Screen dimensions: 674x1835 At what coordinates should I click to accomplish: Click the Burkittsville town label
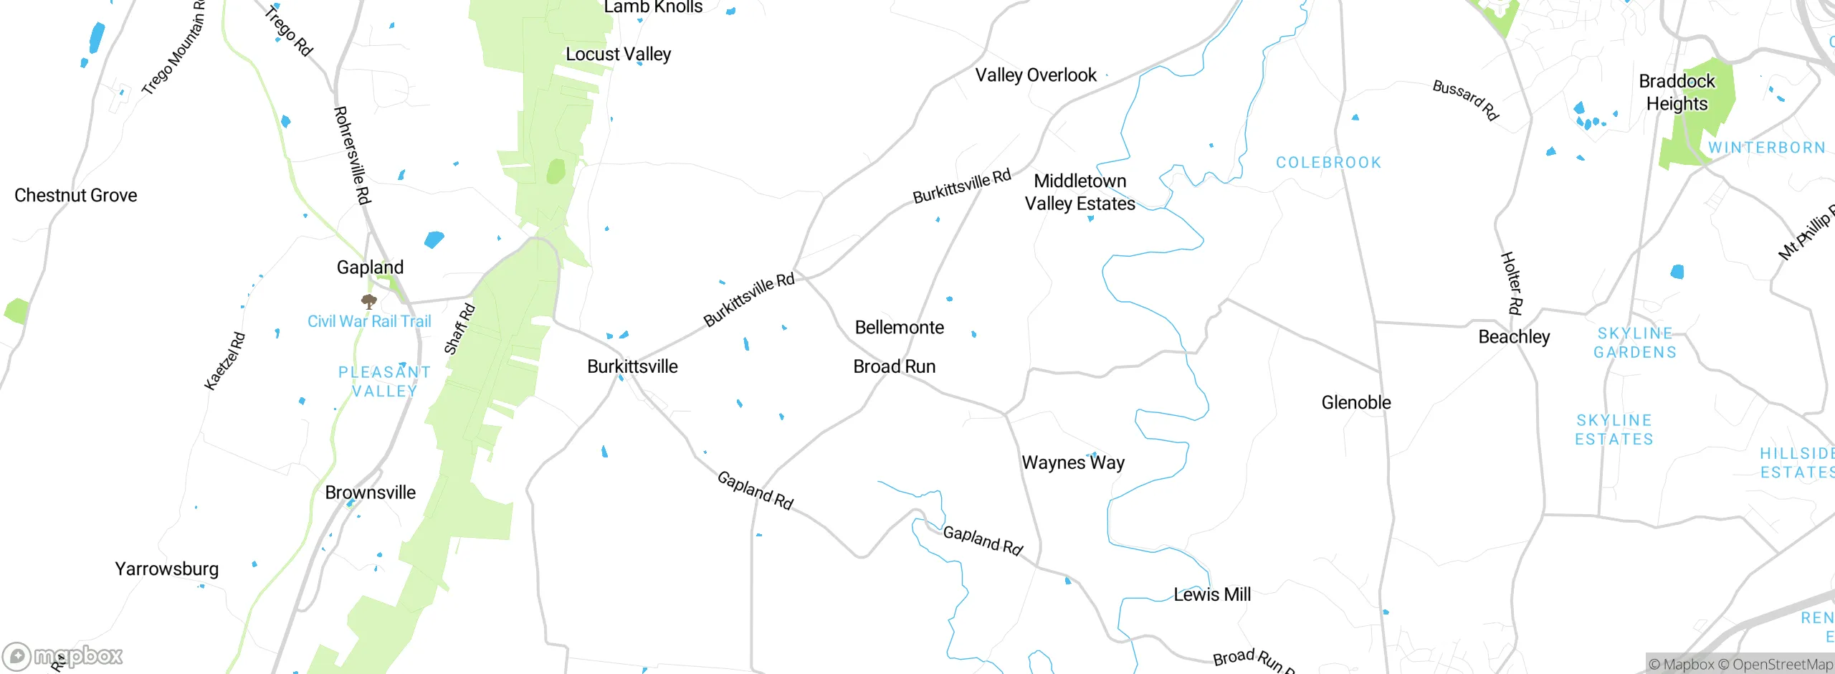[632, 366]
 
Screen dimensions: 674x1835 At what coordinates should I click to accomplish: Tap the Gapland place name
[370, 267]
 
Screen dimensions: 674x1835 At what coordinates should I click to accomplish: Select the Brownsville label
[370, 493]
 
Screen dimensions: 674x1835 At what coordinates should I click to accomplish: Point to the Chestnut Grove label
[75, 195]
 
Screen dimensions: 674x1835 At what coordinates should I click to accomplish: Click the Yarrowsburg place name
[166, 569]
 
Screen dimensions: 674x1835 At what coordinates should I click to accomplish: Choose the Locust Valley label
[618, 54]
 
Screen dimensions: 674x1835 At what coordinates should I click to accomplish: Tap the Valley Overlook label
[1035, 75]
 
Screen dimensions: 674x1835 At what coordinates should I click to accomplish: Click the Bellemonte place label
[899, 328]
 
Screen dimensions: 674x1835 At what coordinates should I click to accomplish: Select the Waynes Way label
[1072, 462]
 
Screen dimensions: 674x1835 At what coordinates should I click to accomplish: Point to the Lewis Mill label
[1211, 594]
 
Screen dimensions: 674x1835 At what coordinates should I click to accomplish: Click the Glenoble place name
[1355, 402]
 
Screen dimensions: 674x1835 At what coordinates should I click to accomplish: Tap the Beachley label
[1514, 337]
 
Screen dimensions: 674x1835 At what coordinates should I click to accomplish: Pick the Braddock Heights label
[1677, 92]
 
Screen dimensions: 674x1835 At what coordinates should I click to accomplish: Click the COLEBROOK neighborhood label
[1328, 163]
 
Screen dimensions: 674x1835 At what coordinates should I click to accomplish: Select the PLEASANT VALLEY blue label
[384, 381]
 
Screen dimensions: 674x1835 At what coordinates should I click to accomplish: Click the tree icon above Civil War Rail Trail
[369, 301]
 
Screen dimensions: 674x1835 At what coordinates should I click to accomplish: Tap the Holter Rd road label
[1511, 283]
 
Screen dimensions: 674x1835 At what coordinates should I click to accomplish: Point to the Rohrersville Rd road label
[352, 155]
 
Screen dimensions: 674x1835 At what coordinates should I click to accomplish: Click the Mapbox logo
[63, 655]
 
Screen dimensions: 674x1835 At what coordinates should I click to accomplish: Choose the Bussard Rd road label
[1465, 100]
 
